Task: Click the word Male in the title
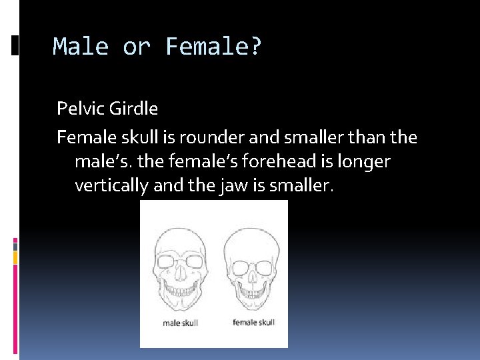click(80, 47)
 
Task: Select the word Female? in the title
click(214, 47)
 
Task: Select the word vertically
click(111, 185)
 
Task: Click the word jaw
click(225, 185)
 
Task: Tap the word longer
click(367, 161)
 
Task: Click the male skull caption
click(180, 323)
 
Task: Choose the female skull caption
click(253, 323)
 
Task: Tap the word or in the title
click(137, 47)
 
